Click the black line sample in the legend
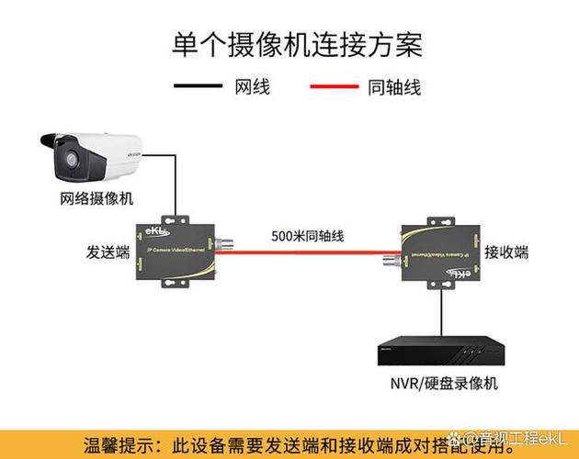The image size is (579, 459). (x=198, y=87)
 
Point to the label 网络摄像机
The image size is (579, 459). (x=96, y=198)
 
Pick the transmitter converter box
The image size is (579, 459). (x=174, y=248)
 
